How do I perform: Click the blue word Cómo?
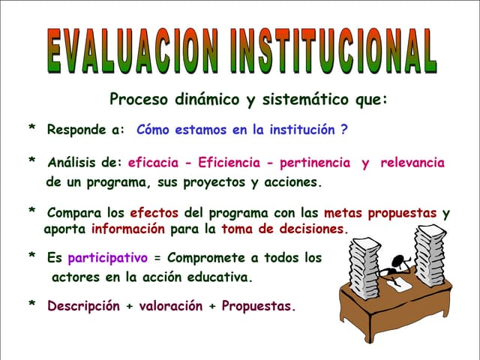point(153,130)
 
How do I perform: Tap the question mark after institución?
point(343,130)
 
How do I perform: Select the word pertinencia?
point(316,163)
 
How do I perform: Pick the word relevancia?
point(412,163)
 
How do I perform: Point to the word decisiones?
point(309,229)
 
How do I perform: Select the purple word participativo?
point(107,258)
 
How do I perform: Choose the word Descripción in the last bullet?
point(83,306)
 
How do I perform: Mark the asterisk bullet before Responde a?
point(31,130)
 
